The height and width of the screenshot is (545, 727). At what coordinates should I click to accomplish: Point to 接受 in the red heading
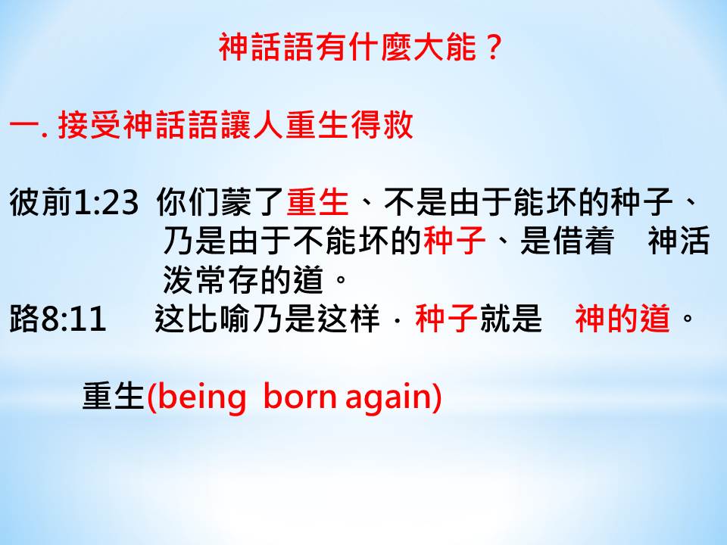[89, 125]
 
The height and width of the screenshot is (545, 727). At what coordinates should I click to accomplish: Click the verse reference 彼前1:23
[74, 202]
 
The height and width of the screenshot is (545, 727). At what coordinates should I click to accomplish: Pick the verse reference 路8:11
[58, 319]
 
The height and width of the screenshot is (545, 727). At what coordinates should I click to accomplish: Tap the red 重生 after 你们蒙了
[317, 202]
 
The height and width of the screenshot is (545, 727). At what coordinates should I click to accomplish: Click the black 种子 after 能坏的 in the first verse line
[641, 202]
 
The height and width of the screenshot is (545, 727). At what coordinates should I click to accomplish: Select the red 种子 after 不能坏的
[454, 241]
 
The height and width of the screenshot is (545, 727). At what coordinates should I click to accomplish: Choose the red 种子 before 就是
[447, 319]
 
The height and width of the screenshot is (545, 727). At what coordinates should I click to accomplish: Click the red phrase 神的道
[622, 319]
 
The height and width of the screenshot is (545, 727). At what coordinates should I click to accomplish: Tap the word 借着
[582, 241]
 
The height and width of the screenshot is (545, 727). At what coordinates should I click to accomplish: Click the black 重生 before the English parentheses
[114, 397]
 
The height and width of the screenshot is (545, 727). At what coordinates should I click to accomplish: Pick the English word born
[300, 397]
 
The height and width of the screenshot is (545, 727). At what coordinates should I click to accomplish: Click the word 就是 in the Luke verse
[510, 319]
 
